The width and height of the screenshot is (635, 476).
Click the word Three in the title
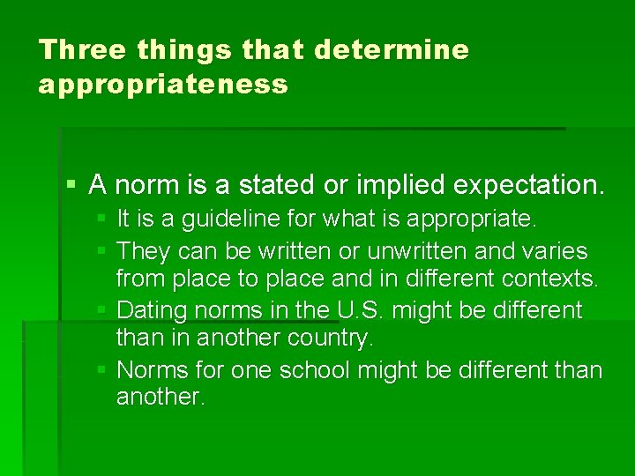(x=82, y=49)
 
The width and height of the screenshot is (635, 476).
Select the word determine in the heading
(x=391, y=49)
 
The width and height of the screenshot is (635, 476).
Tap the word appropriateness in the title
(x=163, y=85)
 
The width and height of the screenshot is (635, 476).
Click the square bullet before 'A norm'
(x=71, y=185)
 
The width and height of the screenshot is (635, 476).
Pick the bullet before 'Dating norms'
(x=103, y=310)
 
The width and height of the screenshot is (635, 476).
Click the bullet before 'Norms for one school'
(x=103, y=368)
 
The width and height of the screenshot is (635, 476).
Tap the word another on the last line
(x=160, y=397)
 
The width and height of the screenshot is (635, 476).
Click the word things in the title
(x=183, y=49)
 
